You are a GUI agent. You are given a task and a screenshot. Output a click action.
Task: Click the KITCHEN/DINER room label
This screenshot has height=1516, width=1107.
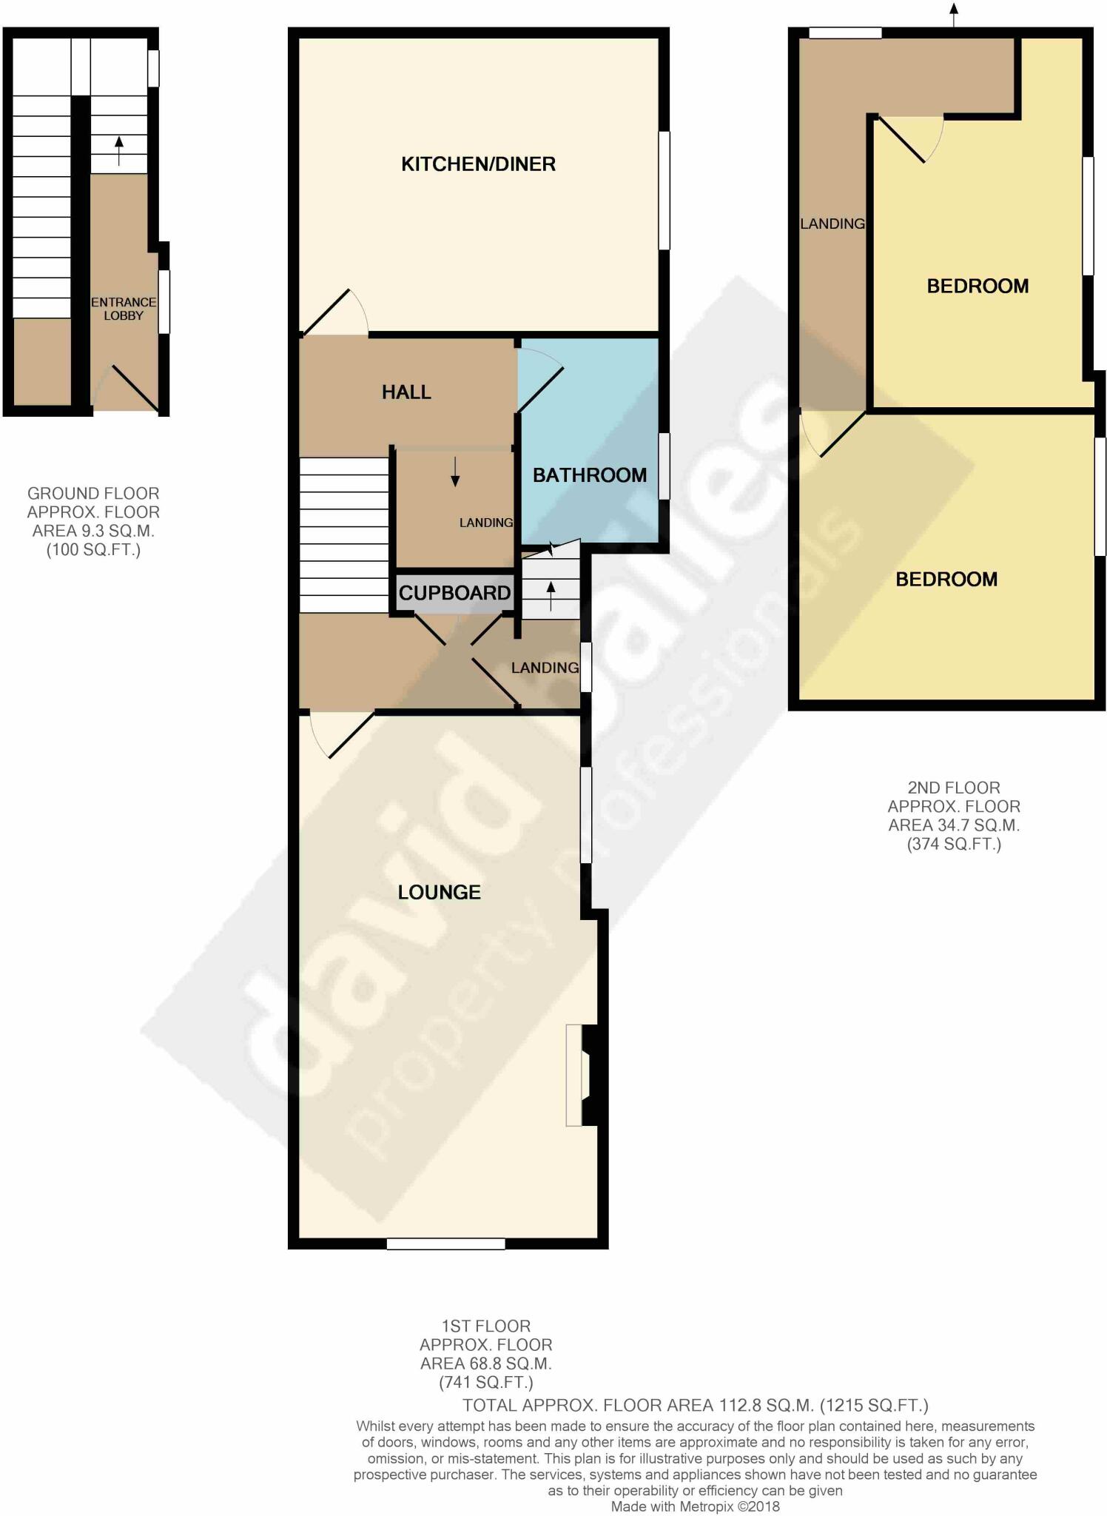click(478, 164)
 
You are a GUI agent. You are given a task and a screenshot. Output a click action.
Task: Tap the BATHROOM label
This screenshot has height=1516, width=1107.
click(590, 474)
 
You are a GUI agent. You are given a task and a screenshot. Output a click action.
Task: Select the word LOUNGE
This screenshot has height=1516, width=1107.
click(439, 892)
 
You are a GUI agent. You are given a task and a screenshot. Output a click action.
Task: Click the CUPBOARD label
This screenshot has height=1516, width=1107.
click(454, 593)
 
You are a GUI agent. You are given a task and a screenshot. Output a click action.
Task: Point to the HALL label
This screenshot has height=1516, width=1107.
click(406, 392)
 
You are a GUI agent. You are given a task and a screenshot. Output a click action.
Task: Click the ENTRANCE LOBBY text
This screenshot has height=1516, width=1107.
click(124, 309)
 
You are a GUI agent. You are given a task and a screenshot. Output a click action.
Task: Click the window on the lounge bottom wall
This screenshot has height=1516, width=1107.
click(445, 1244)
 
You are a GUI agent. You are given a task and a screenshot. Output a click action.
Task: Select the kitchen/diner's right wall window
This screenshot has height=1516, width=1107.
click(664, 190)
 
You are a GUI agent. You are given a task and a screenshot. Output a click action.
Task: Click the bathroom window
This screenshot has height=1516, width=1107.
click(664, 466)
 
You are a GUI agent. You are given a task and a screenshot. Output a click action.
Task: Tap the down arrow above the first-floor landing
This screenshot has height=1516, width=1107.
click(454, 471)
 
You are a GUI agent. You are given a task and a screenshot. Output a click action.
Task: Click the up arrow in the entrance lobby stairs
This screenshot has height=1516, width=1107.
click(119, 150)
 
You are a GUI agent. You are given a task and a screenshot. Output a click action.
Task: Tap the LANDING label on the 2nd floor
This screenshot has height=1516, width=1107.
click(832, 224)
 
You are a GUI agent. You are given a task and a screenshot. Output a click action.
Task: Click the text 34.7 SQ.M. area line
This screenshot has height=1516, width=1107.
click(953, 825)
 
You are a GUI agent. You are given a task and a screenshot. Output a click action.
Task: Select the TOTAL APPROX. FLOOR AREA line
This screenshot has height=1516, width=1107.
click(695, 1405)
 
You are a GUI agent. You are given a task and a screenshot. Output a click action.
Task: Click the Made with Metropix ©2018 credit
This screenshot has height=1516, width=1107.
click(695, 1506)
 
